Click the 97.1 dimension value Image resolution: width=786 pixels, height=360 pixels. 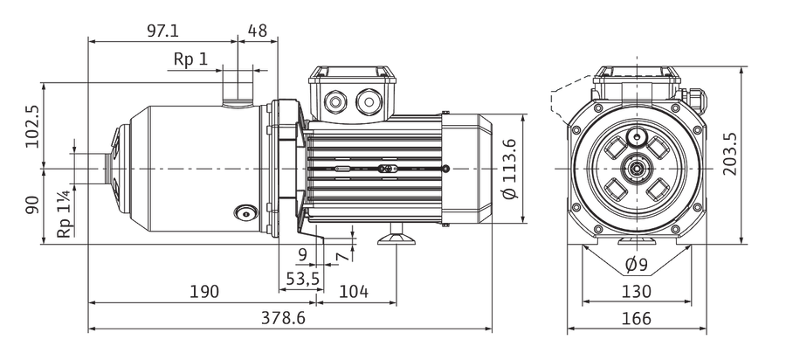tap(162, 31)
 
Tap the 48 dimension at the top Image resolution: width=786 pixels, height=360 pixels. tap(257, 31)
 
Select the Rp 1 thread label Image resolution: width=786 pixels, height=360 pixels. tap(190, 59)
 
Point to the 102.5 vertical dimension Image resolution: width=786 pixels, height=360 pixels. tap(33, 126)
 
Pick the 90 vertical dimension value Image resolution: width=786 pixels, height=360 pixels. tap(32, 205)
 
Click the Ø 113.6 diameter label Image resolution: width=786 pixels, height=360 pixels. tap(509, 169)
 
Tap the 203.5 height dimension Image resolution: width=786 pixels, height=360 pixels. tap(730, 154)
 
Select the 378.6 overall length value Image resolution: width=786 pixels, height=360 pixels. tap(283, 317)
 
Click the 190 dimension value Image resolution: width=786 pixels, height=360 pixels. tap(204, 291)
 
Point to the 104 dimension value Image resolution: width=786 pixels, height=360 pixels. tap(354, 291)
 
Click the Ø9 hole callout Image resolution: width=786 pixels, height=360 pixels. tap(637, 264)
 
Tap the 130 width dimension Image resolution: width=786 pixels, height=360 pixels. tap(636, 291)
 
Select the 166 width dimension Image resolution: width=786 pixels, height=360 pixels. tap(636, 318)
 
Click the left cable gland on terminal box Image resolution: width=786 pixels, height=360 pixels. tap(334, 102)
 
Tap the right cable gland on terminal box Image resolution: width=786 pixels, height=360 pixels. tap(369, 101)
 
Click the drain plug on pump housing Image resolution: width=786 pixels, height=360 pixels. tap(245, 213)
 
